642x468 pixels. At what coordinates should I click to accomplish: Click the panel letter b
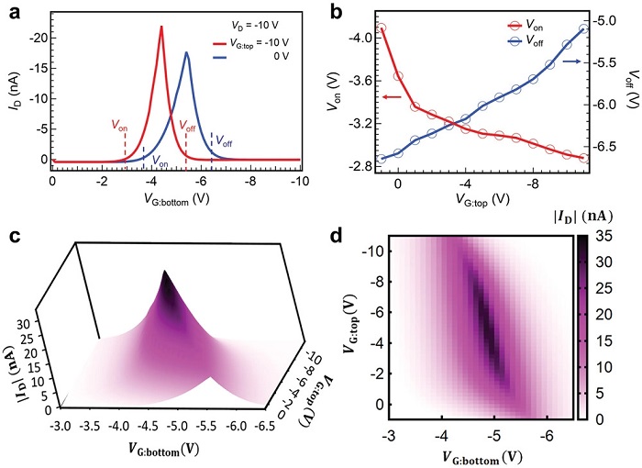(337, 12)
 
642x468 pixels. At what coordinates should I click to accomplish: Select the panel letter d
(336, 236)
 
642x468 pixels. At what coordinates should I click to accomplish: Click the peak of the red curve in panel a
(161, 27)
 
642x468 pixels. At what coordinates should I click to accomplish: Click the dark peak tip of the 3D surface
(166, 273)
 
